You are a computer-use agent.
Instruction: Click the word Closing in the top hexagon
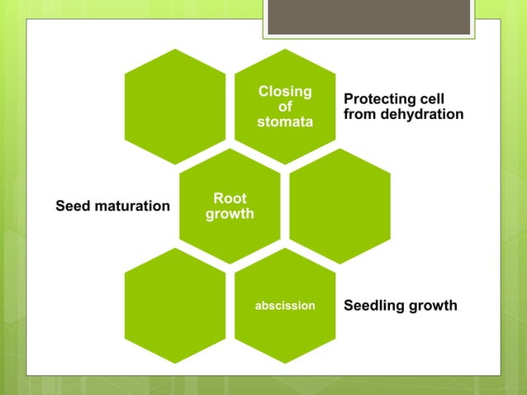coord(285,92)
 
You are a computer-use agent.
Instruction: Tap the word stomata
coord(285,122)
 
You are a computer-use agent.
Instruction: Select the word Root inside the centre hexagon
coord(230,198)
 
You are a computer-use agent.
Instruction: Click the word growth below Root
coord(230,214)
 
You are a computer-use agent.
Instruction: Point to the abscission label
coord(285,306)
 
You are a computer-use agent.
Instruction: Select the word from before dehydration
coord(360,114)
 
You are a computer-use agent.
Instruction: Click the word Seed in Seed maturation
coord(72,205)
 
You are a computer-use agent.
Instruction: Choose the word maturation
coord(131,205)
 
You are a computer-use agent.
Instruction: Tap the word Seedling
coord(373,306)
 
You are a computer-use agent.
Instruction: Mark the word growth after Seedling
coord(433,306)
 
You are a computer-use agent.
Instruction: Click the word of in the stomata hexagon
coord(285,107)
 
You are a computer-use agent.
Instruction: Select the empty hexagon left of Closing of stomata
coord(174,107)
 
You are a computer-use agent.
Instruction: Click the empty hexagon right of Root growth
coord(340,206)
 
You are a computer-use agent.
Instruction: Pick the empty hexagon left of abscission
coord(174,306)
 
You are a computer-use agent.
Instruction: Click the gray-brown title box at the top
coord(369,17)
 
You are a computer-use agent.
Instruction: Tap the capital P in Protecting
coord(349,99)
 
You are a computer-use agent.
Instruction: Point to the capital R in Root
coord(218,198)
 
